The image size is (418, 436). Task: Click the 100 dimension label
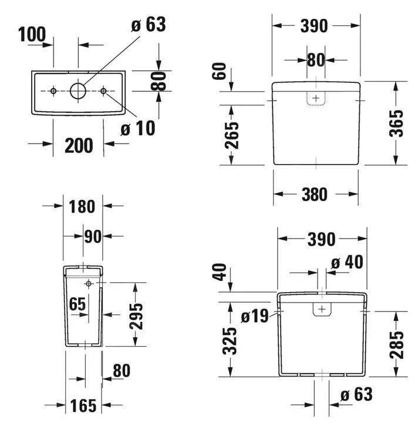point(32,35)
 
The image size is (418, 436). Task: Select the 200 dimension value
point(79,145)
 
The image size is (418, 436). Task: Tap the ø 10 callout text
point(138,128)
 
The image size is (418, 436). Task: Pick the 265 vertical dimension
point(232,135)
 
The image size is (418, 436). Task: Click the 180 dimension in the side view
point(82,206)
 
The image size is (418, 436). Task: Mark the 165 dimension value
point(83,406)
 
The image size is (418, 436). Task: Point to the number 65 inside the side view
point(77,304)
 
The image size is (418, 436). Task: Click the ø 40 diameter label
point(346,262)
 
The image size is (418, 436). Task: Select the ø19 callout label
point(254,316)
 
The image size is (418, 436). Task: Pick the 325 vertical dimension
point(232,341)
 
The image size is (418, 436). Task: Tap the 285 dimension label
point(397,344)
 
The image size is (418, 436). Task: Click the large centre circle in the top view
point(78,90)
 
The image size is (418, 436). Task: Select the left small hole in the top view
point(53,91)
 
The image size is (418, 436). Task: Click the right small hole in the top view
point(104,91)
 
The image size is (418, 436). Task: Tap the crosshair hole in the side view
point(89,284)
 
